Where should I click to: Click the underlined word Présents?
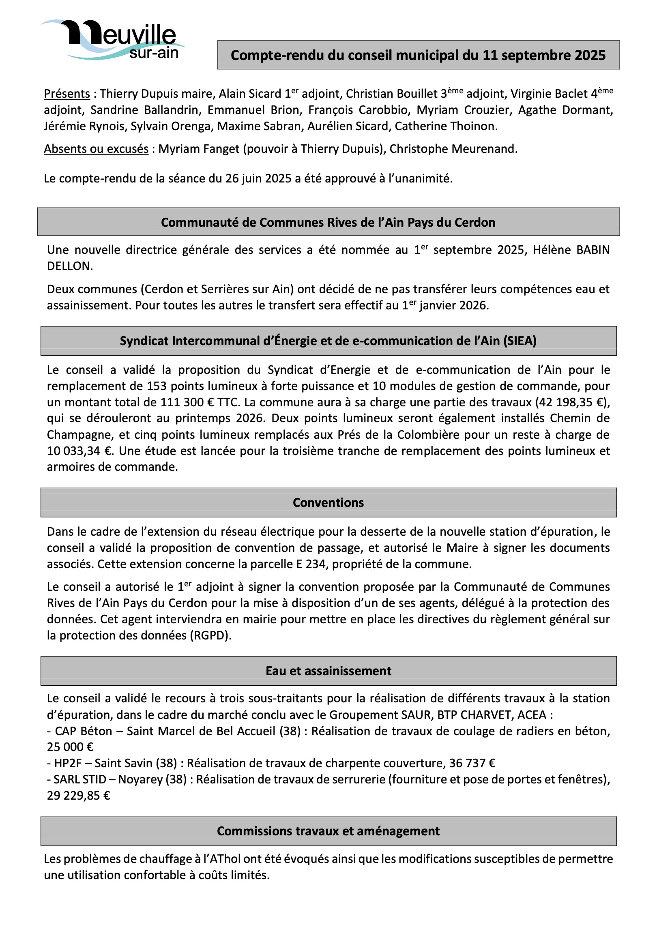tap(67, 94)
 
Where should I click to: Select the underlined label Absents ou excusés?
tap(96, 149)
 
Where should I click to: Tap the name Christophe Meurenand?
tap(453, 149)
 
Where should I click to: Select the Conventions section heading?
tap(328, 503)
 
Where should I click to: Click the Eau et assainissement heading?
tap(328, 671)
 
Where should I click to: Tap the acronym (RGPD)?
tap(210, 635)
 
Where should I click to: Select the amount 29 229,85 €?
tap(79, 796)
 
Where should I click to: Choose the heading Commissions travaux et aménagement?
tap(328, 831)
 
